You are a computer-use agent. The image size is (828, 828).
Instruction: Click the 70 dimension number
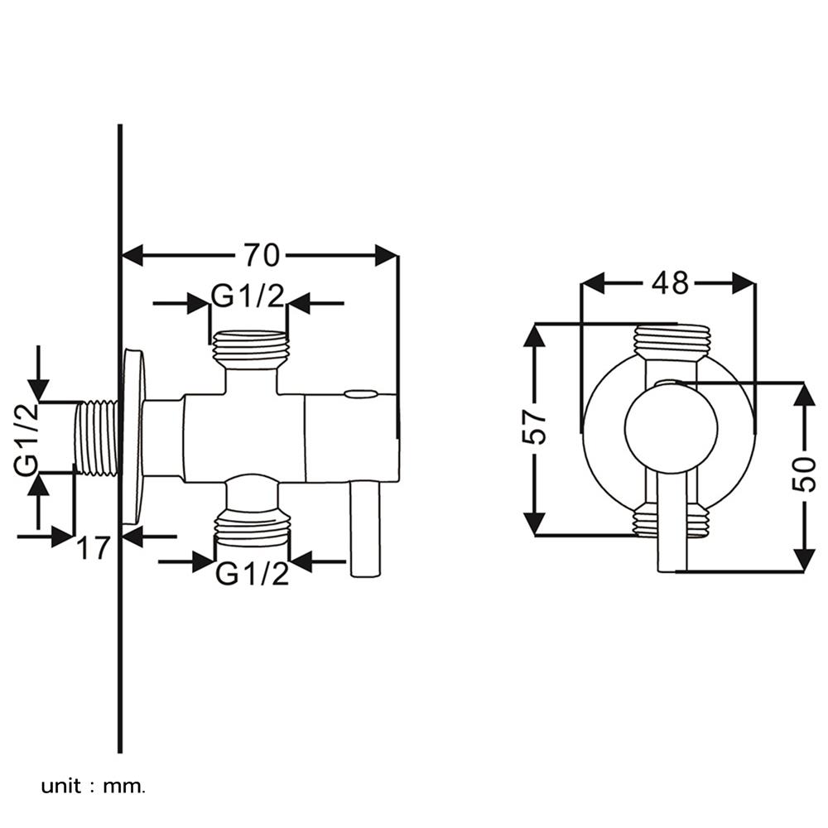coord(260,255)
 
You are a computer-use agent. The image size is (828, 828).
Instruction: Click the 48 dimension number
coord(669,283)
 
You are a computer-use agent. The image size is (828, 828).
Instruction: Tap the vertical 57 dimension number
coord(538,426)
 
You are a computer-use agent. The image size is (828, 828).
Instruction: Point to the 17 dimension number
coord(94,547)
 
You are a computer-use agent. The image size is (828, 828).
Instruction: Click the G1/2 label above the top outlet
coord(248,295)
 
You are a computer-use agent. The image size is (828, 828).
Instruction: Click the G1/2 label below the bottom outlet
coord(253,573)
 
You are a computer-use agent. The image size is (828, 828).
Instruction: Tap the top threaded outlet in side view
coord(252,349)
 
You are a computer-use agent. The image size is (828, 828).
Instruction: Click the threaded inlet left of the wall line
coord(99,439)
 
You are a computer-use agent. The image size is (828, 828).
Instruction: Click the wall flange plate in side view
coord(132,436)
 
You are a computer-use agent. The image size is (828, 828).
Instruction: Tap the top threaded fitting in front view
coord(672,342)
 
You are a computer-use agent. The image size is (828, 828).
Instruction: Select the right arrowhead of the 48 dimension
coord(743,283)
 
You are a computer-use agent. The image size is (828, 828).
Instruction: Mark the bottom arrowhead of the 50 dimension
coord(802,558)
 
